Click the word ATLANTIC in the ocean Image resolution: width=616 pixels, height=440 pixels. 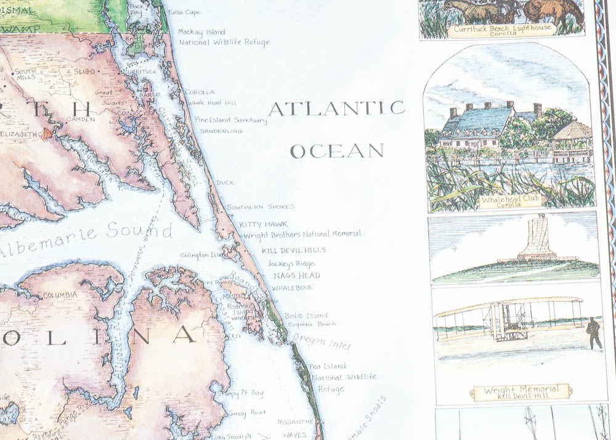pyautogui.click(x=336, y=108)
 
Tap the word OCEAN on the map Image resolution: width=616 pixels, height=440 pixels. pyautogui.click(x=336, y=150)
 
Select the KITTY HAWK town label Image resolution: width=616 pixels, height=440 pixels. pyautogui.click(x=264, y=224)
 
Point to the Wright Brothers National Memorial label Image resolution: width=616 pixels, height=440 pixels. pyautogui.click(x=302, y=234)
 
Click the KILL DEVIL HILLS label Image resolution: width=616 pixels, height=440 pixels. pyautogui.click(x=293, y=250)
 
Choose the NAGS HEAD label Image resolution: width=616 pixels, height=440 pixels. pyautogui.click(x=297, y=275)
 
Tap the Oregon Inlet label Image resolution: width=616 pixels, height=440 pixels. pyautogui.click(x=313, y=341)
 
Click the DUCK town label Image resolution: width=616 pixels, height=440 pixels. pyautogui.click(x=225, y=182)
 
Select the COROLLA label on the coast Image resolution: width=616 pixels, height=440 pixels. pyautogui.click(x=200, y=92)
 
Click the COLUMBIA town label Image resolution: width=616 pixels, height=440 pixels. pyautogui.click(x=60, y=295)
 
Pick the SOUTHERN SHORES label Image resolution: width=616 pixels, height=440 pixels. pyautogui.click(x=261, y=207)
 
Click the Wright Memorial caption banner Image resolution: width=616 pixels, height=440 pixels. pyautogui.click(x=521, y=392)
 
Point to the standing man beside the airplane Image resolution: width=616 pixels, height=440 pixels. pyautogui.click(x=594, y=333)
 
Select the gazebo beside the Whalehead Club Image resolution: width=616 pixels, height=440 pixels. pyautogui.click(x=572, y=141)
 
